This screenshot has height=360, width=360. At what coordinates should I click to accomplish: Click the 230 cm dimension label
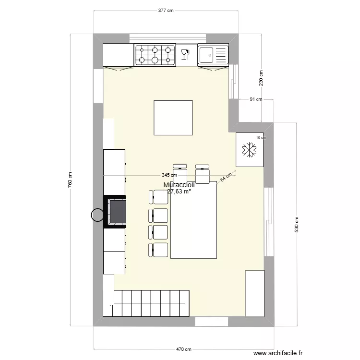(x=261, y=78)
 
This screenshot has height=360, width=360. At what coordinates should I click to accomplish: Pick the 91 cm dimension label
(x=255, y=99)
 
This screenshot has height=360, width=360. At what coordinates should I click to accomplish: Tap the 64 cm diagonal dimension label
(x=226, y=177)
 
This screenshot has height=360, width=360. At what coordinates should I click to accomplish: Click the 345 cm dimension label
(x=168, y=176)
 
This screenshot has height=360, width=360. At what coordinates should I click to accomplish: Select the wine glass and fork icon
(x=185, y=54)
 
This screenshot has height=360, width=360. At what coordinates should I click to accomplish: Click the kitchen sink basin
(x=207, y=54)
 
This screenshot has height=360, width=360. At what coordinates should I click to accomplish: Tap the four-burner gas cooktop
(x=155, y=54)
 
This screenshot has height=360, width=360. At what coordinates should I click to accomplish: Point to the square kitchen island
(x=173, y=118)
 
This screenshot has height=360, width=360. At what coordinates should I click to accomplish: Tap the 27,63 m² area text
(x=179, y=191)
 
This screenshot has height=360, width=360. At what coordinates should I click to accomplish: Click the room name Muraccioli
(x=179, y=185)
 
